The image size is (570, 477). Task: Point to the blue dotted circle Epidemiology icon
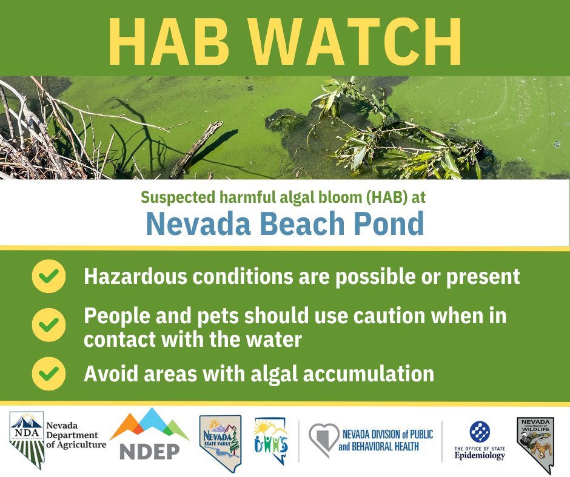(x=480, y=432)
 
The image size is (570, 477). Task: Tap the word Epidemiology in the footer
(x=480, y=456)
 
